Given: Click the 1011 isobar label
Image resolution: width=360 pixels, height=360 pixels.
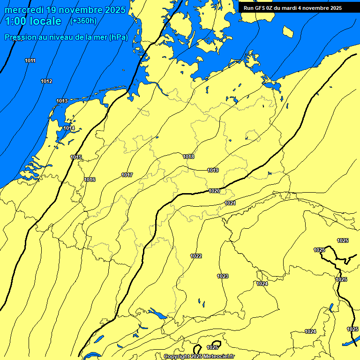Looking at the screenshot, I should (x=30, y=60).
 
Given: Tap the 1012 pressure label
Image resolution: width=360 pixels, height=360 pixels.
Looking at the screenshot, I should (x=46, y=81).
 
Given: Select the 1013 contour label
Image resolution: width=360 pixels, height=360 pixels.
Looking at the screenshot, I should (x=62, y=101).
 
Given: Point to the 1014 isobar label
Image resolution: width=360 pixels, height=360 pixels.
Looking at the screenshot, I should (x=69, y=128).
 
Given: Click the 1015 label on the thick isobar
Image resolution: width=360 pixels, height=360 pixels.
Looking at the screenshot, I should (x=76, y=157).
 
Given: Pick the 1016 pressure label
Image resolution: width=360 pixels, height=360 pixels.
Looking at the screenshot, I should (x=90, y=180).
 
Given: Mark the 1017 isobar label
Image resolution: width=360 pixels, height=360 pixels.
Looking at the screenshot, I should (x=127, y=175).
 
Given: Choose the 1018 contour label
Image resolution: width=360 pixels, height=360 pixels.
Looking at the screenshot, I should (x=188, y=157).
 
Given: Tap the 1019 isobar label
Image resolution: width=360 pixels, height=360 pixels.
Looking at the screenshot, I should (x=213, y=170).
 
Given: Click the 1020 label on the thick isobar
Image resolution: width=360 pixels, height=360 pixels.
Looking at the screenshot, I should (x=214, y=191).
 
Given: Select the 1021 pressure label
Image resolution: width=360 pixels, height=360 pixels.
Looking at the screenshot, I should (x=230, y=203).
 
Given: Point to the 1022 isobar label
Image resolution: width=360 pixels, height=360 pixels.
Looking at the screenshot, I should (x=196, y=255).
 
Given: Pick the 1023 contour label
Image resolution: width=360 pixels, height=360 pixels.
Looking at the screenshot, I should (x=223, y=276).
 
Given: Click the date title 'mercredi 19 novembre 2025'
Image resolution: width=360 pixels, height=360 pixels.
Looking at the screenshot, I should (x=65, y=10).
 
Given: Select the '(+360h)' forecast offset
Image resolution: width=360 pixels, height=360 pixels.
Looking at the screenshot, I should (x=83, y=21).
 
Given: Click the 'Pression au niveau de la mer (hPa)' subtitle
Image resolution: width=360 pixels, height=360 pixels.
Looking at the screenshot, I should (x=66, y=37).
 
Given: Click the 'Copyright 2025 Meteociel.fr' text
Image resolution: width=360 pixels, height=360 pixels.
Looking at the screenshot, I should (x=199, y=356).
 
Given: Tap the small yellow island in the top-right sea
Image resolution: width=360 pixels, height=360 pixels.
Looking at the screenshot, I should (x=288, y=32).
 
